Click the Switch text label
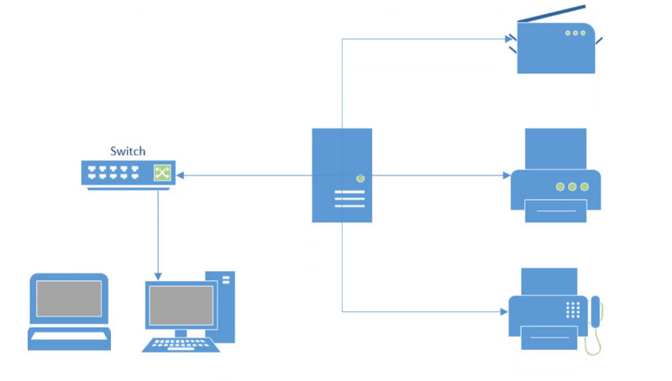(128, 151)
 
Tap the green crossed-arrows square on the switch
(161, 174)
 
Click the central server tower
(342, 175)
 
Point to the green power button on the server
(360, 177)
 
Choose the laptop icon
(69, 311)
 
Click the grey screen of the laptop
(69, 299)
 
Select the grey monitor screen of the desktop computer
(181, 305)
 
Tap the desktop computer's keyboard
(181, 343)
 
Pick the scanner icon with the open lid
(554, 46)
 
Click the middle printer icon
(555, 176)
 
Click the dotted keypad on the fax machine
(574, 309)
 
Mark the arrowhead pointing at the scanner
(508, 38)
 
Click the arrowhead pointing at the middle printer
(506, 175)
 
